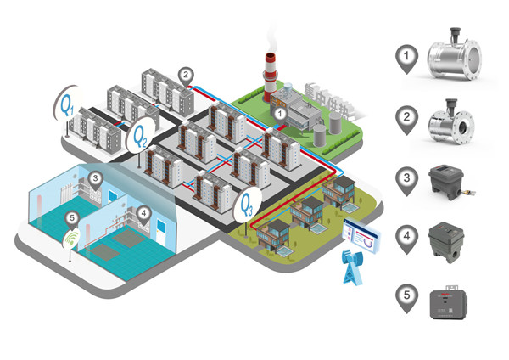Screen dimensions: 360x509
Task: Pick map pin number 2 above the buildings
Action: (x=186, y=75)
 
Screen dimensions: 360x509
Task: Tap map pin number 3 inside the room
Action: (x=96, y=179)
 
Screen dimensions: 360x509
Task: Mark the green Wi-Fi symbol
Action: (x=71, y=242)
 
